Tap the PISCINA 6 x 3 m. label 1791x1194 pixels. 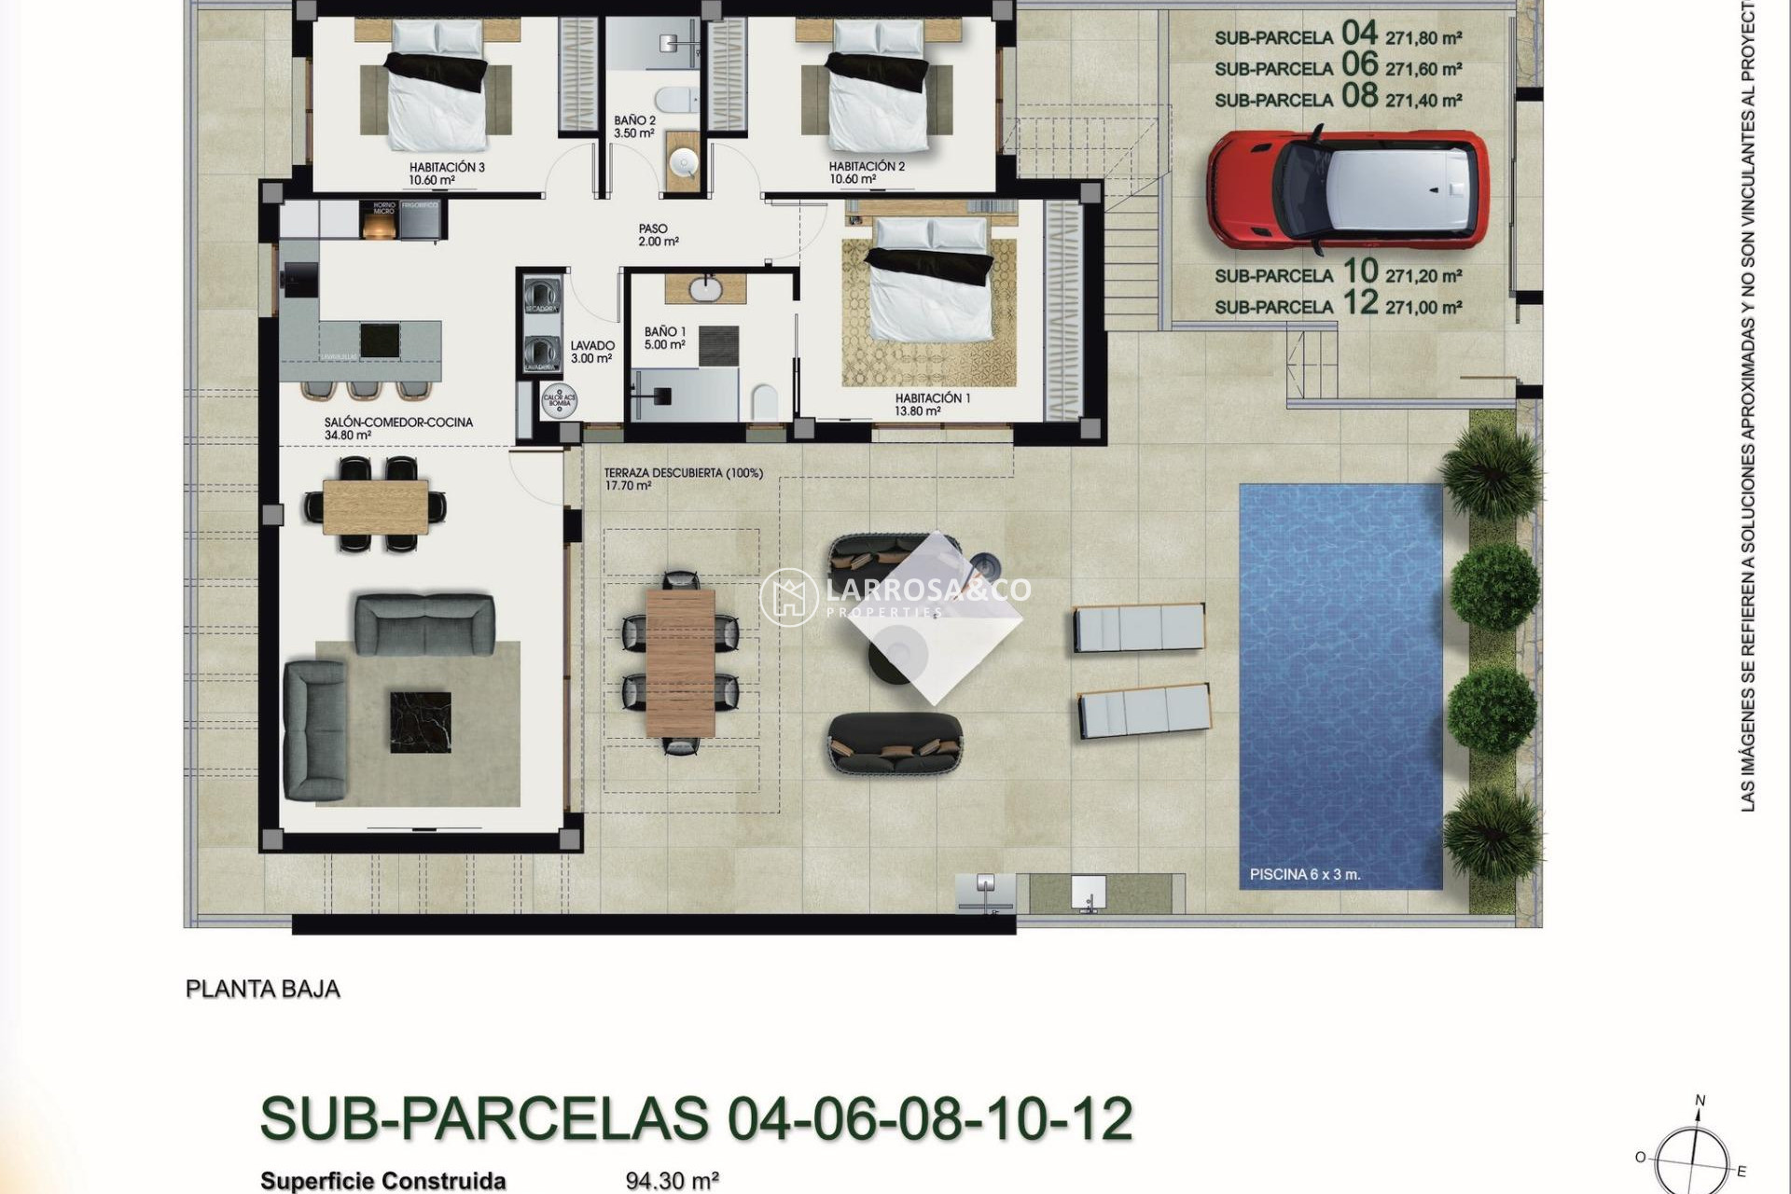pos(1305,875)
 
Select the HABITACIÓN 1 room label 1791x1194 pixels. pos(932,398)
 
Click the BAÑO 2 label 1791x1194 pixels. pos(634,121)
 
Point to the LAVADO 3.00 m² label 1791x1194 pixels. pos(591,352)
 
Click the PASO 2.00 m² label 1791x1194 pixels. pos(657,235)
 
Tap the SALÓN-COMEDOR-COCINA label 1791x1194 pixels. pos(398,423)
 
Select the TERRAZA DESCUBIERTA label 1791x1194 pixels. pos(683,474)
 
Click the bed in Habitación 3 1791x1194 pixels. pos(437,98)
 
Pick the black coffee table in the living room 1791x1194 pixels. pos(420,720)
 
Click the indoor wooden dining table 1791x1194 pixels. pos(376,505)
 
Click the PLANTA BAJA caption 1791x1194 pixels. pos(262,989)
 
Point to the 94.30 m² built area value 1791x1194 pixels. pos(672,1181)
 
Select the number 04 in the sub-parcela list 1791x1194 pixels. pos(1359,34)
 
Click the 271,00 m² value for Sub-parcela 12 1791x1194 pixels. pos(1423,307)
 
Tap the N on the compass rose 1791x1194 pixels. pos(1700,1102)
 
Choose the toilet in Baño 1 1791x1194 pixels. pos(764,402)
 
